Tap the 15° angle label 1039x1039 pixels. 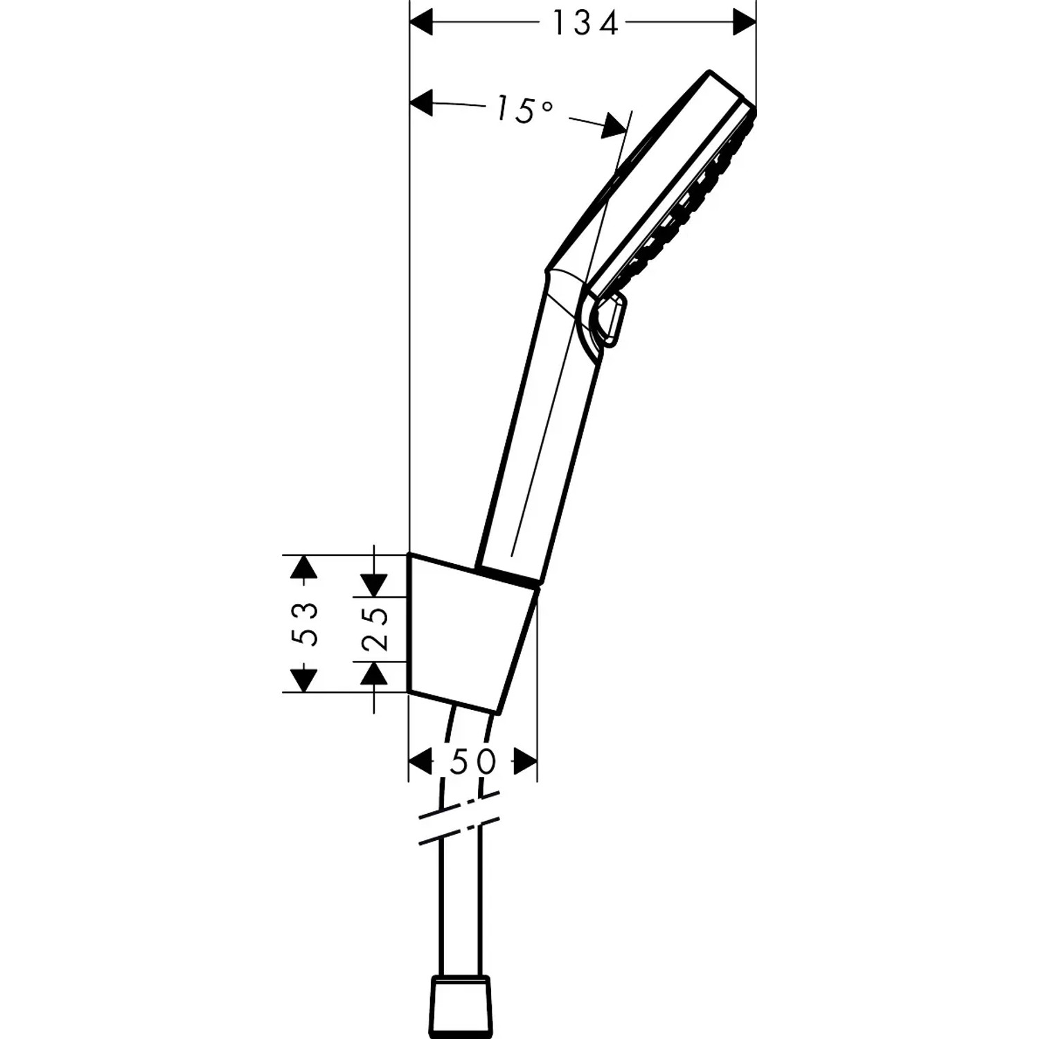(x=524, y=109)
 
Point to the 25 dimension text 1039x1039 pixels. (x=375, y=629)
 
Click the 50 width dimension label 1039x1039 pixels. (x=473, y=762)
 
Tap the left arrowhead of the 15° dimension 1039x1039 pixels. (x=422, y=103)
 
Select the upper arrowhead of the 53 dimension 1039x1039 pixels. (x=304, y=567)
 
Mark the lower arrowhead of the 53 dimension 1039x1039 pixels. (x=304, y=680)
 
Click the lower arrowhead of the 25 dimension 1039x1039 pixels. (x=375, y=673)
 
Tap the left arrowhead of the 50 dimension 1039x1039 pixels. (x=420, y=762)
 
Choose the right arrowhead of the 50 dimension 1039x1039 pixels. (x=525, y=762)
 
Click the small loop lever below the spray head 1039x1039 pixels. (x=610, y=319)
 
